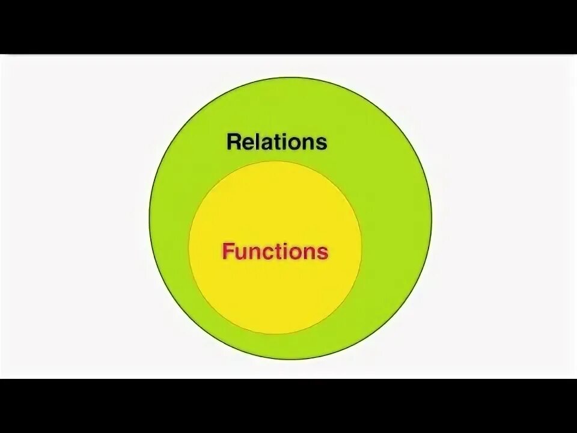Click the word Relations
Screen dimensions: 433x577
coord(276,142)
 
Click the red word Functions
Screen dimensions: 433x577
coord(275,251)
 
